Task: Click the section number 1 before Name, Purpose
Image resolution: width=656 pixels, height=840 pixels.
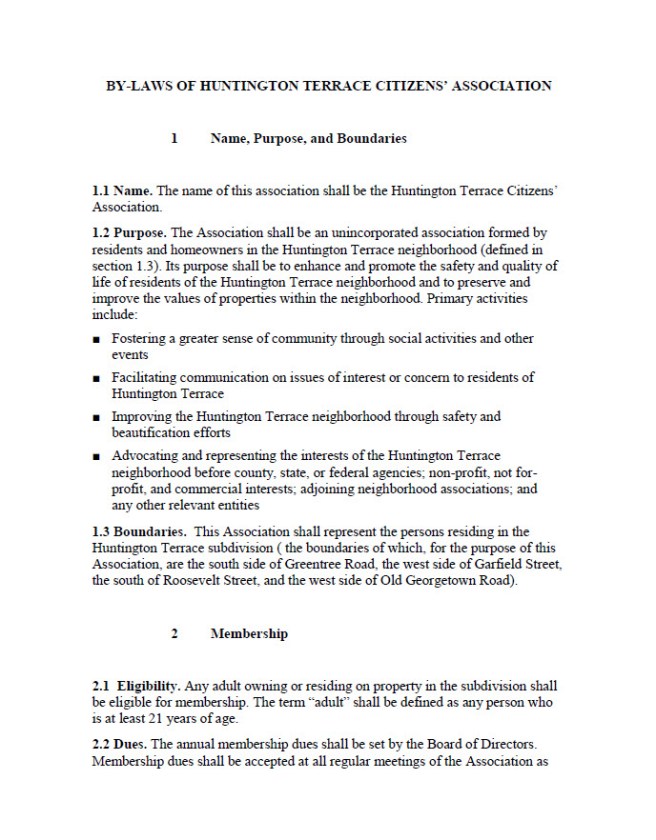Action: tap(174, 139)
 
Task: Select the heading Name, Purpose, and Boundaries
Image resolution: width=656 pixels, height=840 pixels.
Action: tap(308, 139)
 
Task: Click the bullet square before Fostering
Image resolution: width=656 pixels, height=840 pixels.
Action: tap(95, 341)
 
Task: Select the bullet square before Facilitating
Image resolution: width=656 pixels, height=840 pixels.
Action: tap(95, 379)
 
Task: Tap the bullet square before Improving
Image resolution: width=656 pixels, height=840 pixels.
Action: tap(95, 418)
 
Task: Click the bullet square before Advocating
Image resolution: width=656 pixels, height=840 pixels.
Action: tap(95, 457)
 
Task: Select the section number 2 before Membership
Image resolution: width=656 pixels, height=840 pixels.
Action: tap(174, 634)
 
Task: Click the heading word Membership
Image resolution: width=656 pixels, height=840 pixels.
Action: tap(249, 634)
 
